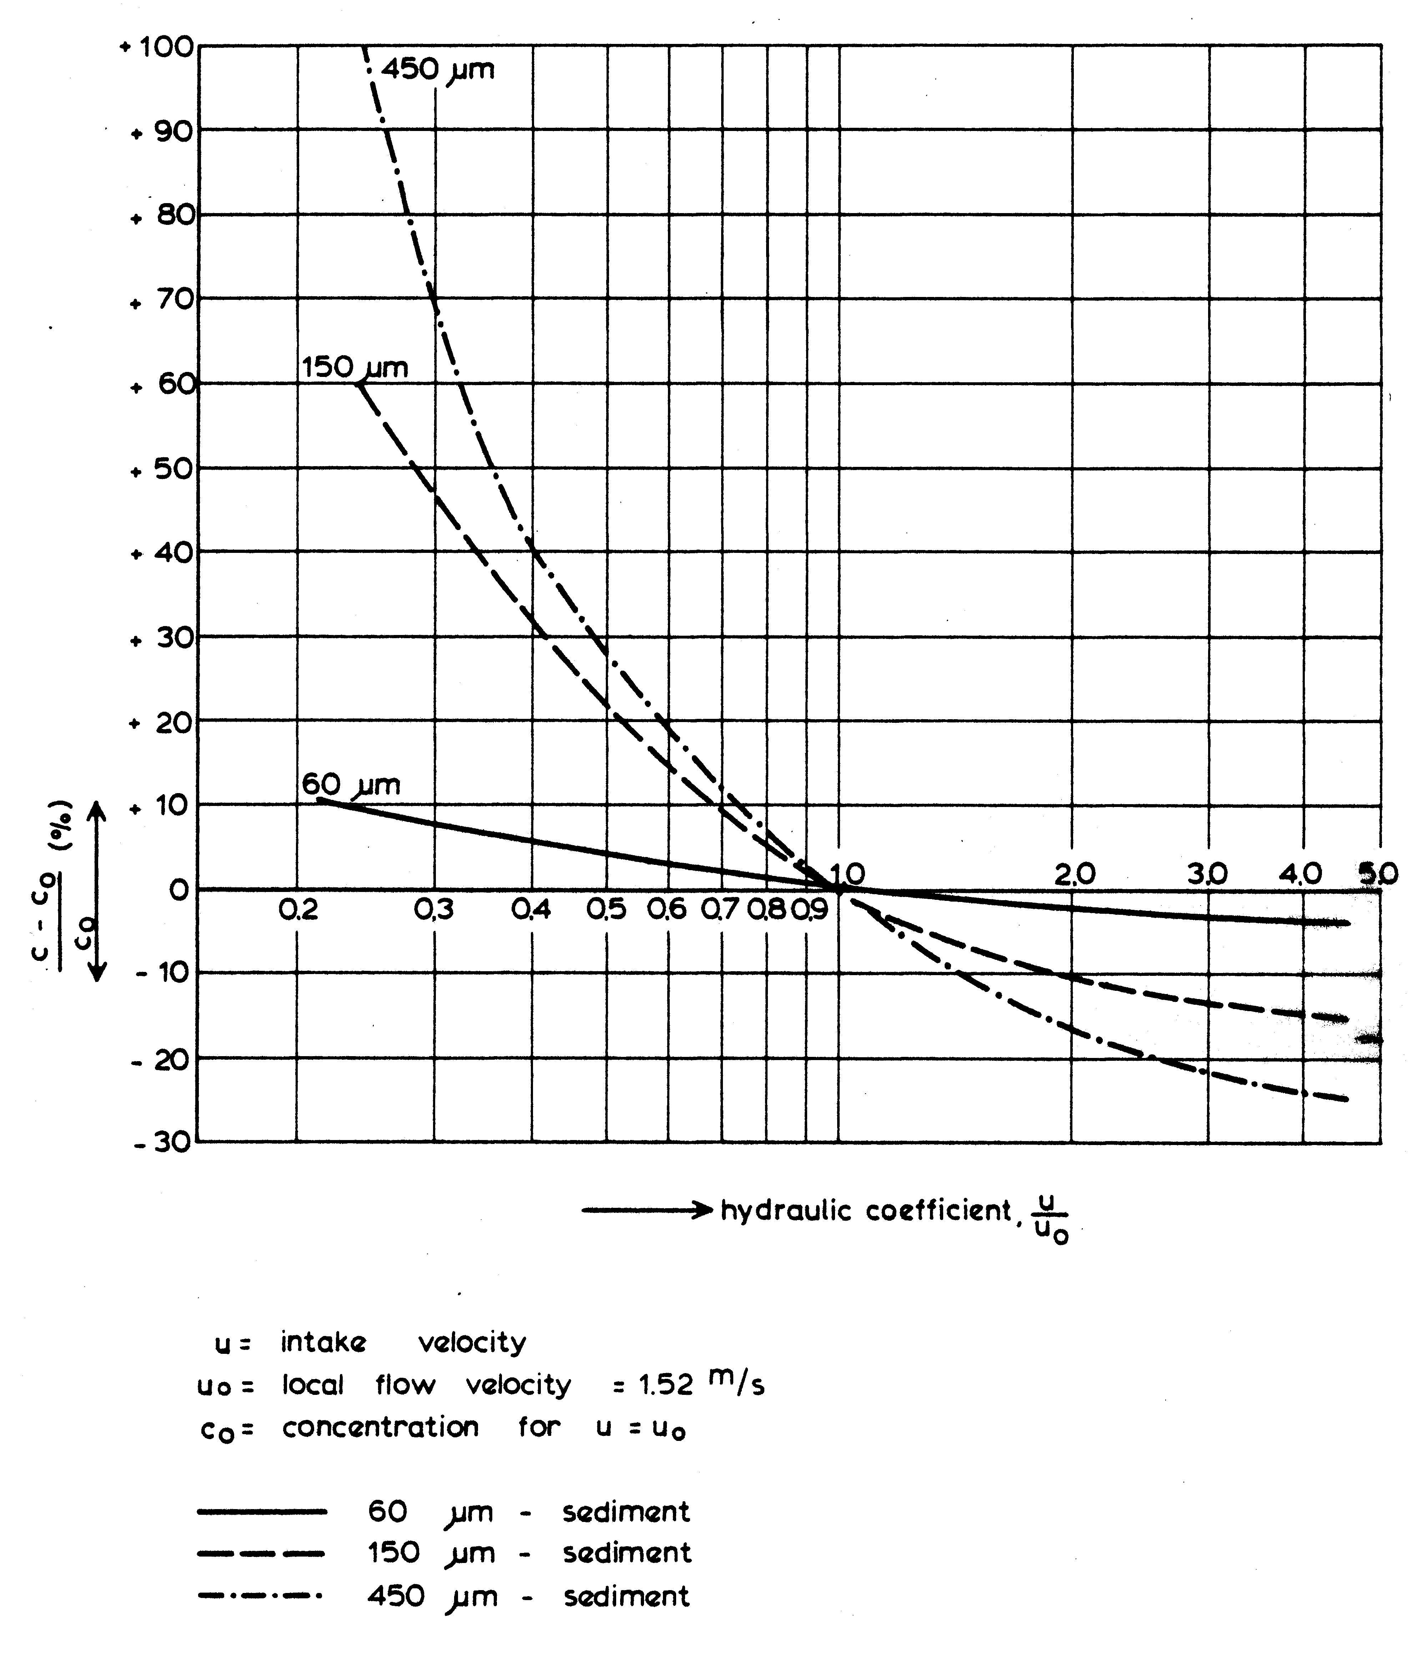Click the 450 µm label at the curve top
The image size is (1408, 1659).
click(x=437, y=70)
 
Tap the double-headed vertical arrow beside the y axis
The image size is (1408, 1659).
click(x=97, y=891)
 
